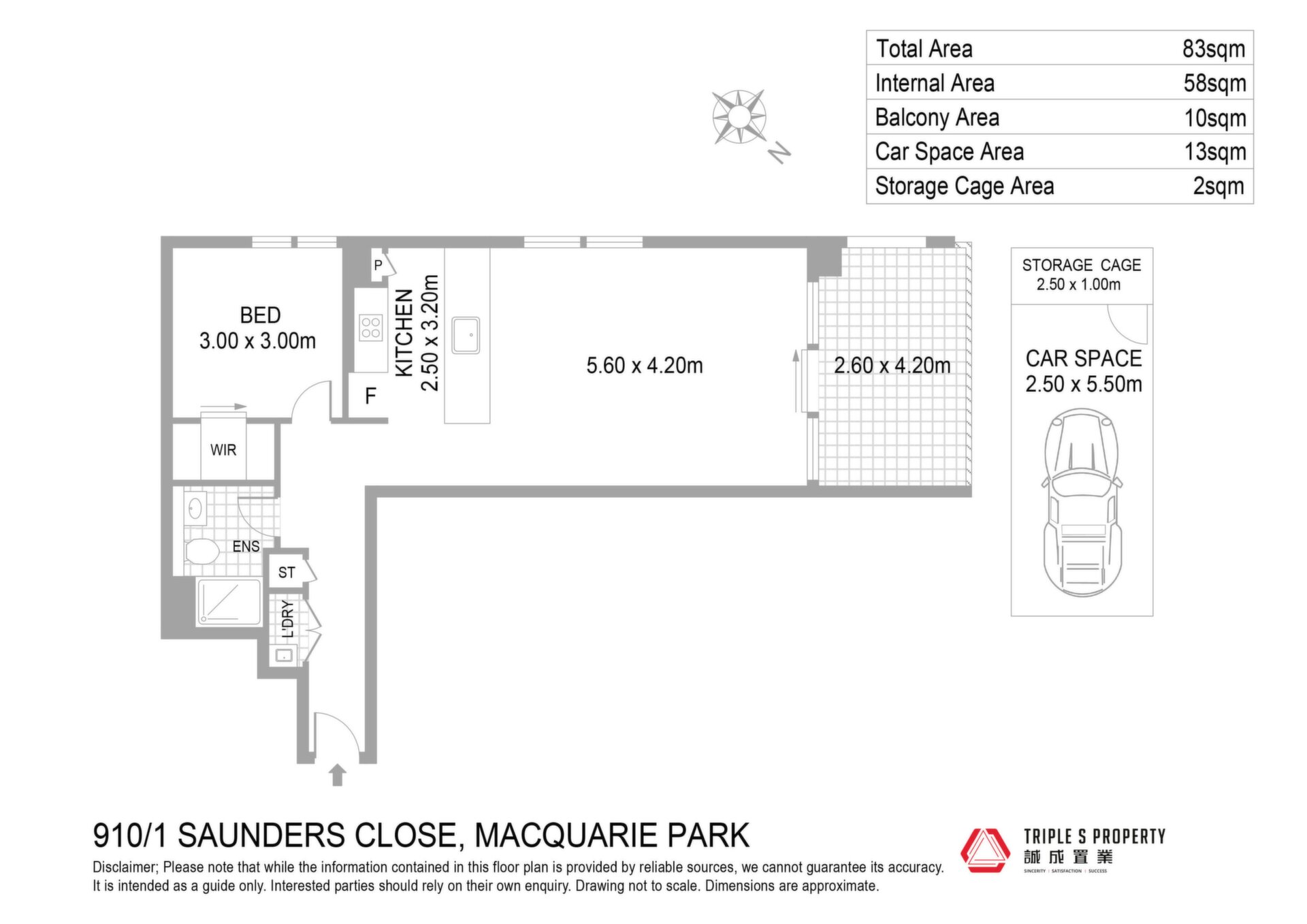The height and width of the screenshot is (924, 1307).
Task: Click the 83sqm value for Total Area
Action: point(1214,49)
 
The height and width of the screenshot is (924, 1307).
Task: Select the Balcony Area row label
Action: point(937,118)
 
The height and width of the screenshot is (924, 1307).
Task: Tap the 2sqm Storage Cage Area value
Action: point(1219,186)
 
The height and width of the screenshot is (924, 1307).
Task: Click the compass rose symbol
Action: point(739,117)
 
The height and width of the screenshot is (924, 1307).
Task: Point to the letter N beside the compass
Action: point(779,153)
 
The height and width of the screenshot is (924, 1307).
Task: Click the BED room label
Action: point(260,315)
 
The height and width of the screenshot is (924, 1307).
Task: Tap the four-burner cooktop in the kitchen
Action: point(371,328)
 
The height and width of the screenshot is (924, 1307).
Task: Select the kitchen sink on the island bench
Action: point(466,335)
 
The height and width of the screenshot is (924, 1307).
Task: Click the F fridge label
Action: point(370,396)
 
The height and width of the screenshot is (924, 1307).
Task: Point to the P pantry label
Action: point(378,265)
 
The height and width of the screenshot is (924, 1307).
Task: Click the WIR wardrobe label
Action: point(223,450)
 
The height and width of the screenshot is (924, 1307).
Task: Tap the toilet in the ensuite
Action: point(201,551)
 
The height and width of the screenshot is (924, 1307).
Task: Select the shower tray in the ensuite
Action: point(229,602)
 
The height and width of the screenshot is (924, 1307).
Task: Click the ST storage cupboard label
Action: point(287,573)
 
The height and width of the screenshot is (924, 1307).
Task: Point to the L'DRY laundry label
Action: point(288,619)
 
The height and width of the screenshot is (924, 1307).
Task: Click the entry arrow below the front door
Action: point(338,775)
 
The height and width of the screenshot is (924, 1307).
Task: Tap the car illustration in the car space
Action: point(1082,503)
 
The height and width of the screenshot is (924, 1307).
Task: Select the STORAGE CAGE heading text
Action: point(1082,265)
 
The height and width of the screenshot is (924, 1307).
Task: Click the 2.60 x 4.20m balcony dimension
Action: point(892,366)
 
